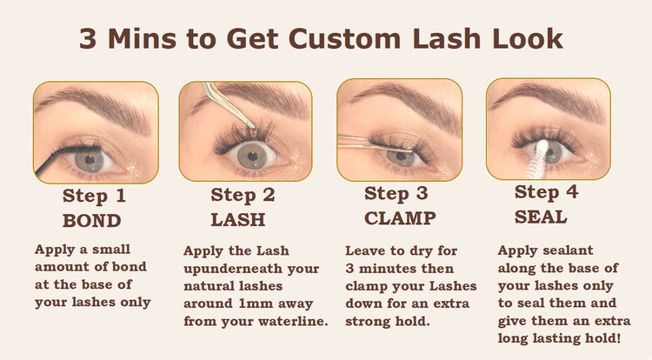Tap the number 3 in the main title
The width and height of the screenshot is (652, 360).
pos(88,39)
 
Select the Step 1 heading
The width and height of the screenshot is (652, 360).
pos(94,196)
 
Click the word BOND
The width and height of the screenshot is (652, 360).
pos(92,221)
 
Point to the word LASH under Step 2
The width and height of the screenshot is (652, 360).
pos(238,219)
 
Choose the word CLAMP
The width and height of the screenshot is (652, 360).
pos(400,218)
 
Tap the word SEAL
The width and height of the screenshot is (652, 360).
pos(541,217)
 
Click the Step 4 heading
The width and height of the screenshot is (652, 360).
pos(546,192)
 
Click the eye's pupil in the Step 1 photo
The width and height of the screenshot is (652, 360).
pos(90,160)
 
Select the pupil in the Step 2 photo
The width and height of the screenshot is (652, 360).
pos(252,156)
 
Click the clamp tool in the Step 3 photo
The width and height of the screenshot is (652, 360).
pos(374,142)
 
